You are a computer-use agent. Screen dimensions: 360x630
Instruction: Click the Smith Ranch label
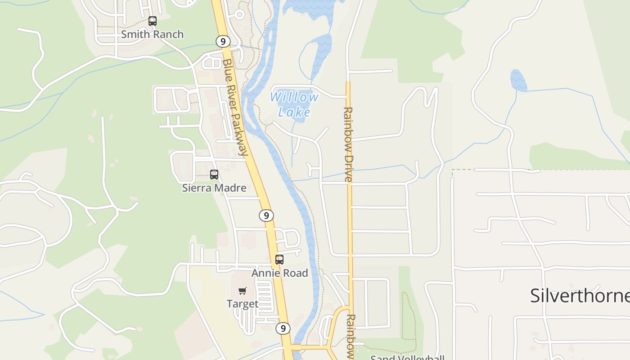click(152, 34)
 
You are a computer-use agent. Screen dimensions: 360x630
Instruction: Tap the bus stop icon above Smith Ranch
click(153, 21)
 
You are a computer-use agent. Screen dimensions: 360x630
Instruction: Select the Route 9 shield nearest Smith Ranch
click(223, 41)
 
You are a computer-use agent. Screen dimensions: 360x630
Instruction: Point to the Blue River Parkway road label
click(235, 107)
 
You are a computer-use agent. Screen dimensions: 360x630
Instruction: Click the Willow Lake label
click(294, 104)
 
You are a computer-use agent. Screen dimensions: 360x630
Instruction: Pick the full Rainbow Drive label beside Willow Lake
click(348, 144)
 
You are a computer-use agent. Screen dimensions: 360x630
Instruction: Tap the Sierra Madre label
click(214, 188)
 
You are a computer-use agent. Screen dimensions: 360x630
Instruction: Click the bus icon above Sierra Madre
click(214, 174)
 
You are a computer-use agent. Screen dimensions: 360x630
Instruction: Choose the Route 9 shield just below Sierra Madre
click(266, 216)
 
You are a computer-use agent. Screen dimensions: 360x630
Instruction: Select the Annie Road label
click(279, 273)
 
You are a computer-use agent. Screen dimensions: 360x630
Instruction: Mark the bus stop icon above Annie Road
click(279, 259)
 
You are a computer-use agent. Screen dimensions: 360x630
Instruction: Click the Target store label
click(243, 304)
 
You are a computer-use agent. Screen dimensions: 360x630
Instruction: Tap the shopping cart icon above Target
click(243, 291)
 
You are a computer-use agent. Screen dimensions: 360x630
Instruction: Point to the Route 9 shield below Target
click(283, 328)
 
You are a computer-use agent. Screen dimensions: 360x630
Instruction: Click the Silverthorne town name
click(580, 296)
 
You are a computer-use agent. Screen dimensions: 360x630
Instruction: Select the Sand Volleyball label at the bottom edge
click(407, 357)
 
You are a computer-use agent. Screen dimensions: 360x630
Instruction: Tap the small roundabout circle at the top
click(239, 14)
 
